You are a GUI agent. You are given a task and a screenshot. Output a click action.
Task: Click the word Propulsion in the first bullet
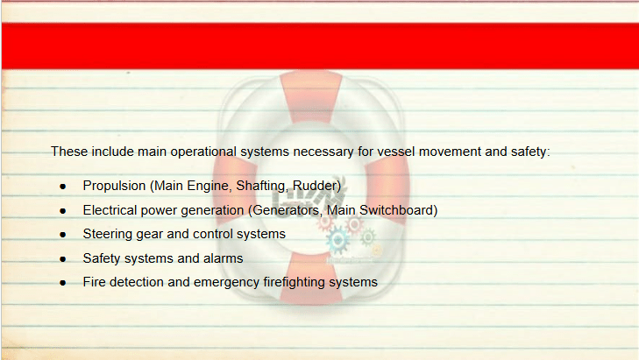click(x=114, y=186)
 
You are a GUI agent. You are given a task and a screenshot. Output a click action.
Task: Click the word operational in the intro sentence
click(x=203, y=152)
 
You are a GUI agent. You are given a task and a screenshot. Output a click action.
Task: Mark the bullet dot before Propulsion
click(x=63, y=187)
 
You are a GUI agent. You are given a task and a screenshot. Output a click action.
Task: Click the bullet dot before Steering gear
click(x=63, y=235)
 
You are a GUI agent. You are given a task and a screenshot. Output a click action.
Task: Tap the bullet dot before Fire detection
click(x=63, y=283)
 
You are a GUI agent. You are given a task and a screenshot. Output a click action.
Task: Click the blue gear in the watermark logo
click(x=337, y=240)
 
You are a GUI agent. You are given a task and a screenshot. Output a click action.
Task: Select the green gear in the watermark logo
click(x=367, y=237)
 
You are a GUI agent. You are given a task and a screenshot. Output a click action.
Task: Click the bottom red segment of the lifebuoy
click(x=310, y=281)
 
